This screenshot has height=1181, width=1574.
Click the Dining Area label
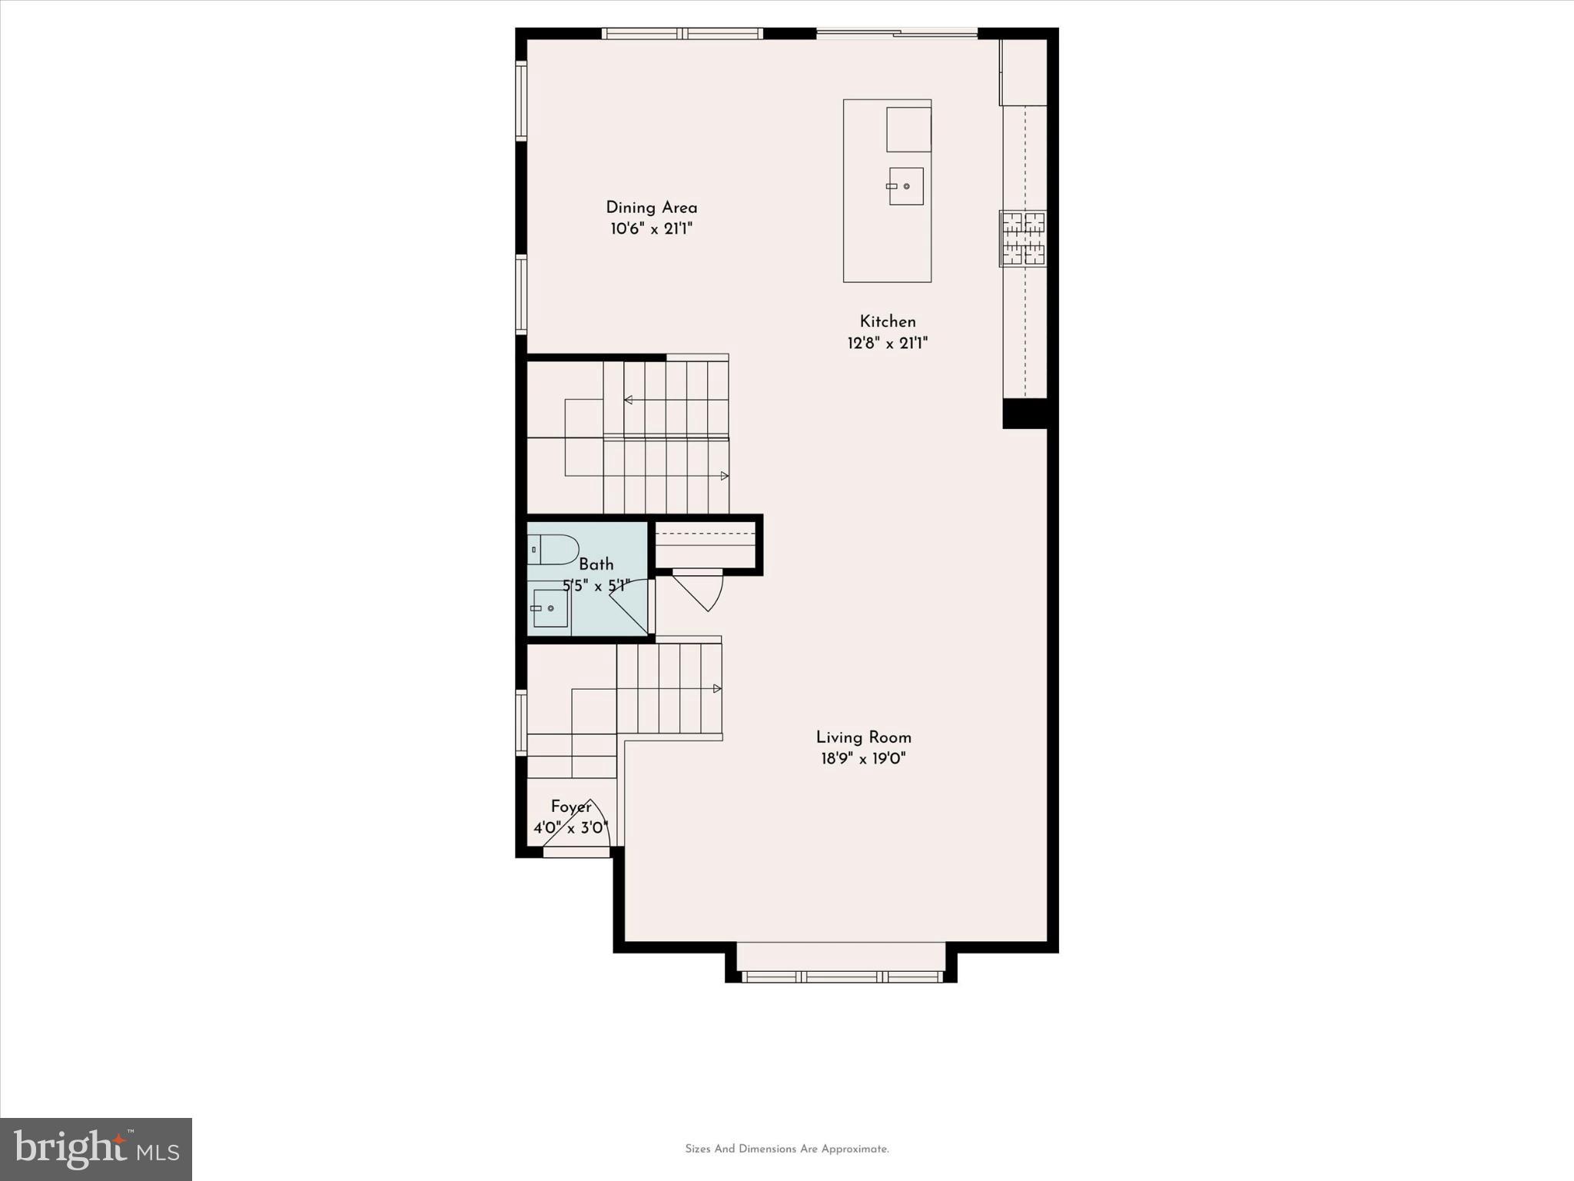(651, 208)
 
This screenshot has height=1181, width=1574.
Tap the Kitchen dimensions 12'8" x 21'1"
(888, 343)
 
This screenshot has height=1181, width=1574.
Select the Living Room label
(863, 737)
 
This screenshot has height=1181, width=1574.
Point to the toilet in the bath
(553, 550)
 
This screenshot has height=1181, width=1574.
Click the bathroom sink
(550, 608)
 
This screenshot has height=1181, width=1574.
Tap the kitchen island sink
(906, 186)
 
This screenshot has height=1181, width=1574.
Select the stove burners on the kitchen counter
(1023, 238)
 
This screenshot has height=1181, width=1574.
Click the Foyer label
(571, 807)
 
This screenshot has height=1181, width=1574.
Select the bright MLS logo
(96, 1149)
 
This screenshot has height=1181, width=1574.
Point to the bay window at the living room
(842, 976)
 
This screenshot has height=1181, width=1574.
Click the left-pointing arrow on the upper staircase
(628, 400)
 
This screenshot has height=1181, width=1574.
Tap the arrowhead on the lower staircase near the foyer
(717, 688)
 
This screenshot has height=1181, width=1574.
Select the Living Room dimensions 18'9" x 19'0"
(863, 759)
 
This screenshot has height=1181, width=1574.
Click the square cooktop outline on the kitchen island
(908, 129)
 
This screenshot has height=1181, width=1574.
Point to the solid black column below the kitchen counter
(1025, 414)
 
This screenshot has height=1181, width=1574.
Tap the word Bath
(596, 564)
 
